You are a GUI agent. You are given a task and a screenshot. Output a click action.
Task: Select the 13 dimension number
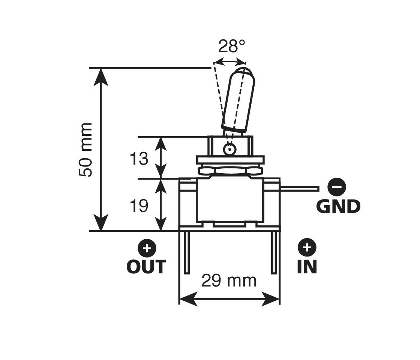coord(139,158)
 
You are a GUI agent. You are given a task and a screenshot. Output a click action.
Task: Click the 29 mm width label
coord(229,280)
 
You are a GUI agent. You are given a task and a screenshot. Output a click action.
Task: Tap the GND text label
coord(338,206)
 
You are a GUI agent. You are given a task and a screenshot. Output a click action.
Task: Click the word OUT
coord(146,267)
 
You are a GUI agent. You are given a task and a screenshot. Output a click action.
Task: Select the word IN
coord(307,267)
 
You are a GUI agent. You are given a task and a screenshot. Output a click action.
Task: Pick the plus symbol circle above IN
coord(307,247)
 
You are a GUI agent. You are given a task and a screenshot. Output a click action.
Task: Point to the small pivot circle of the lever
coord(228,150)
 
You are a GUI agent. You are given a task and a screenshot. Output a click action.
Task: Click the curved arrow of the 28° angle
coord(229,60)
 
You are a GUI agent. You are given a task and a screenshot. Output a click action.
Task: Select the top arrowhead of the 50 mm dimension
coord(101,75)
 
